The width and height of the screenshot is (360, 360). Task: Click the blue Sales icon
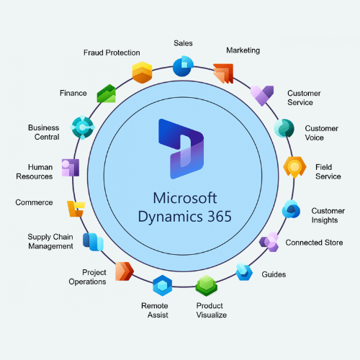pyautogui.click(x=183, y=66)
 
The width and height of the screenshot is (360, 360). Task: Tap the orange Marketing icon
pyautogui.click(x=223, y=73)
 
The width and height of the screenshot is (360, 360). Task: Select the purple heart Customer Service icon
pyautogui.click(x=262, y=96)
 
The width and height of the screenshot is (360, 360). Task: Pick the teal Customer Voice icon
pyautogui.click(x=284, y=128)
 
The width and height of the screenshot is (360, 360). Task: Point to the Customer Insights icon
pyautogui.click(x=291, y=209)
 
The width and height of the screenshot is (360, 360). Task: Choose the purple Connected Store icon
pyautogui.click(x=269, y=242)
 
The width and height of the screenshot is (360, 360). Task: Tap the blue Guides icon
pyautogui.click(x=244, y=272)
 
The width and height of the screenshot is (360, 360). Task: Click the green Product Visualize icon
pyautogui.click(x=207, y=286)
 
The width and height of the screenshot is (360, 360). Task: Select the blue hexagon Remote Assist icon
pyautogui.click(x=163, y=285)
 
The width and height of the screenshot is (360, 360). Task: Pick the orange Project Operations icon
pyautogui.click(x=125, y=271)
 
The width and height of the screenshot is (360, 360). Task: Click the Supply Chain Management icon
pyautogui.click(x=93, y=242)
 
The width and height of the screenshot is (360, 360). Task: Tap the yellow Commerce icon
pyautogui.click(x=76, y=209)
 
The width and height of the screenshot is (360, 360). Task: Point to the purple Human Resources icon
pyautogui.click(x=71, y=168)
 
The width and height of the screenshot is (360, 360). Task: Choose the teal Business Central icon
pyautogui.click(x=83, y=127)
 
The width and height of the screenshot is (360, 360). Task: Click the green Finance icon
pyautogui.click(x=107, y=94)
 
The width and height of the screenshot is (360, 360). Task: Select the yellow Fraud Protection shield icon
pyautogui.click(x=142, y=73)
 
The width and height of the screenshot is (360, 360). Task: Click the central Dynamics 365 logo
pyautogui.click(x=181, y=149)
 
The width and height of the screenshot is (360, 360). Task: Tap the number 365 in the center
pyautogui.click(x=220, y=216)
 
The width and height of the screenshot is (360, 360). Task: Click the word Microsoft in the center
pyautogui.click(x=185, y=198)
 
